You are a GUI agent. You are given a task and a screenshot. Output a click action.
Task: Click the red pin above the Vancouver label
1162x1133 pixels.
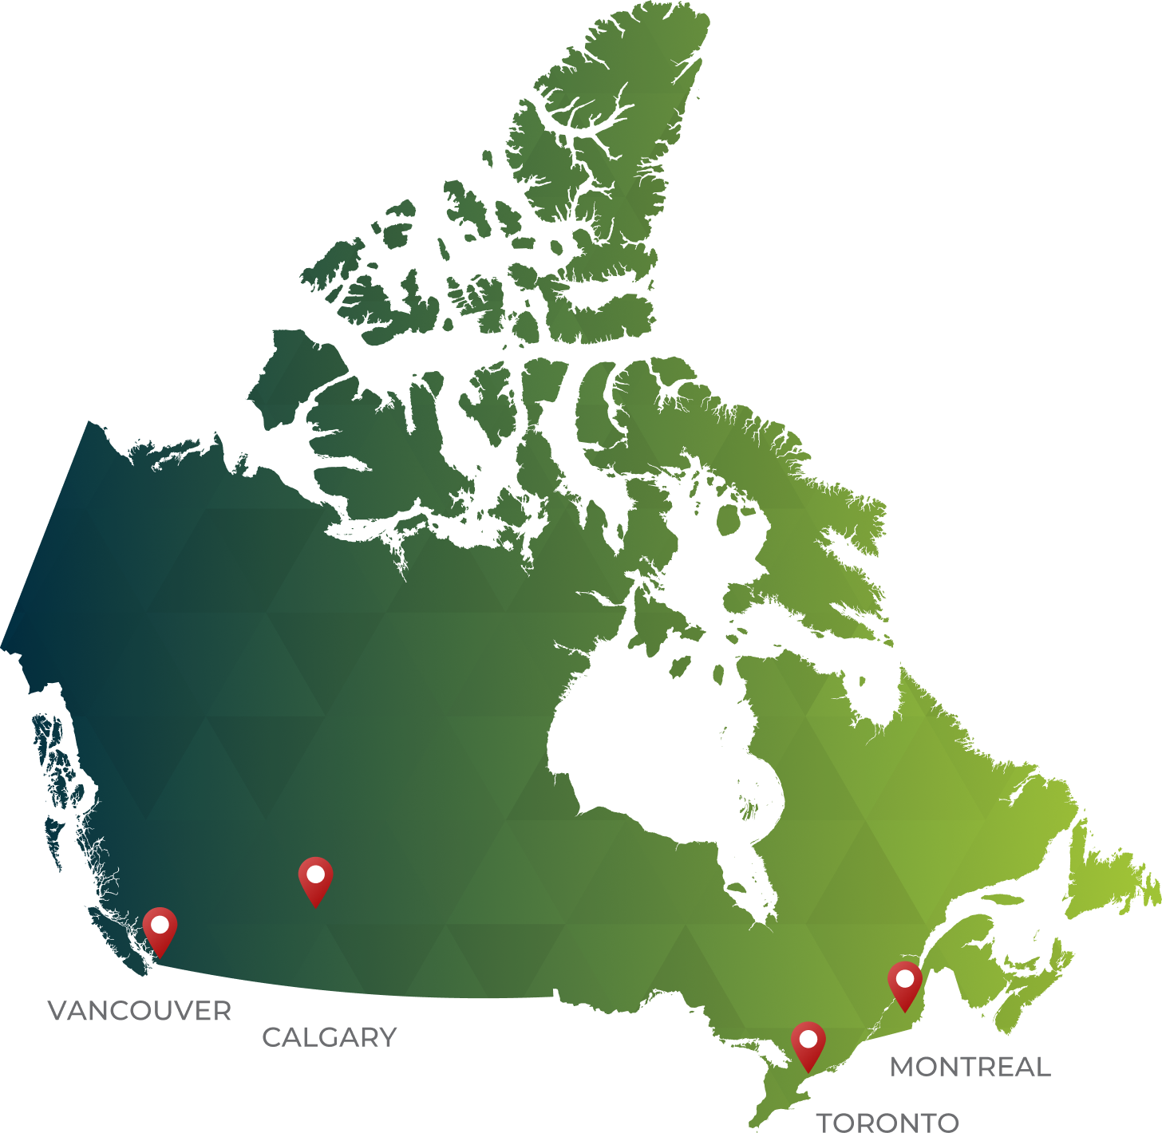(x=160, y=930)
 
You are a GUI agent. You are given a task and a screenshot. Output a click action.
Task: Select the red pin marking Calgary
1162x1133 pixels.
(x=315, y=880)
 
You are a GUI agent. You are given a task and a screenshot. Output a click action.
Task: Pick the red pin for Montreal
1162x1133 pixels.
(x=905, y=985)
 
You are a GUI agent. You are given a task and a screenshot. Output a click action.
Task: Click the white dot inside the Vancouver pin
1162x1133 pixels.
(x=160, y=925)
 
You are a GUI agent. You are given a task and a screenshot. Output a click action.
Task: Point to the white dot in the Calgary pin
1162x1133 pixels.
(x=315, y=874)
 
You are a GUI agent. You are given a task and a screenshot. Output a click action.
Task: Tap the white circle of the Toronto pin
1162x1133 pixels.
(x=808, y=1040)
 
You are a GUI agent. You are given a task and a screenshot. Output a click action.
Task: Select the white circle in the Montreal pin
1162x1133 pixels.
(x=905, y=979)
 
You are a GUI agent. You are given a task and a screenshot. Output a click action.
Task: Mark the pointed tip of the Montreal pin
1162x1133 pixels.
(x=905, y=1012)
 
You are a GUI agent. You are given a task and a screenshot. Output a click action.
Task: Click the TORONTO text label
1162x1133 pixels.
(x=887, y=1123)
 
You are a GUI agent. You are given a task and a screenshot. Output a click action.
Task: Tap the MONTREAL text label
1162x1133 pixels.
(x=970, y=1067)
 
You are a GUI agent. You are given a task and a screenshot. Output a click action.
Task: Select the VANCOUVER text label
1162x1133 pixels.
(x=140, y=1009)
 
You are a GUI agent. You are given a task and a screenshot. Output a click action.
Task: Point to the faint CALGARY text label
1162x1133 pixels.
(x=331, y=1038)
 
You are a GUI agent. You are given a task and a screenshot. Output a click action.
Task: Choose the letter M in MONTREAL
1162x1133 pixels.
(x=903, y=1067)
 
